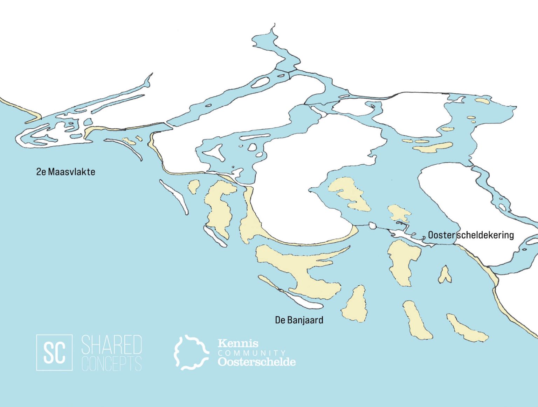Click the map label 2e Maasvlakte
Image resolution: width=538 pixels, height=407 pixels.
65,172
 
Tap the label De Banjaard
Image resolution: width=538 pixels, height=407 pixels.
299,320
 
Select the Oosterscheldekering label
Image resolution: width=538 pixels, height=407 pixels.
471,235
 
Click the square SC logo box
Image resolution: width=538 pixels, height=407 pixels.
54,352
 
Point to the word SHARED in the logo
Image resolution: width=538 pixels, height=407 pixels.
111,344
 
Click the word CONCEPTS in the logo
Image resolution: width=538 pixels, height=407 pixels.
111,364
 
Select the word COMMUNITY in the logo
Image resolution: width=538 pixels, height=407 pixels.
251,353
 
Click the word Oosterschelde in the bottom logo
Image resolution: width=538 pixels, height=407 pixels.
256,362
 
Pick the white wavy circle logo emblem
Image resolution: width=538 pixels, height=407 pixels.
191,352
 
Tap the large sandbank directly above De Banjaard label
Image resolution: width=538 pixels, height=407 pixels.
301,269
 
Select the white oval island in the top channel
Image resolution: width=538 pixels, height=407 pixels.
260,83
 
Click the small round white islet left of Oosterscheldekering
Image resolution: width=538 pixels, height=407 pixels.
372,226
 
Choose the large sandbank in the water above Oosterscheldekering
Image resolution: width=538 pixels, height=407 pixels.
350,193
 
